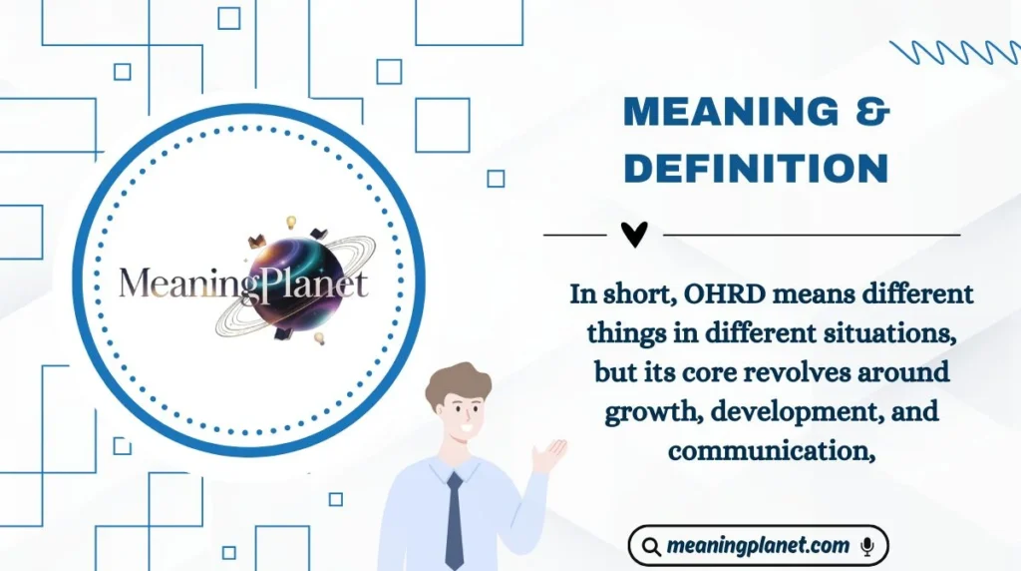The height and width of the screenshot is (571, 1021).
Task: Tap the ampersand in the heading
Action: click(x=872, y=113)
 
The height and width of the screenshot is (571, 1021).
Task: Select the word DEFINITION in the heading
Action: click(x=756, y=169)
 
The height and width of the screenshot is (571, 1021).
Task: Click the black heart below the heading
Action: click(x=634, y=235)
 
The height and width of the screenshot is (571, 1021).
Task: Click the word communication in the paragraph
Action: click(x=769, y=451)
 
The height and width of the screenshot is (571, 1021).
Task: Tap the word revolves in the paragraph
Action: click(x=798, y=373)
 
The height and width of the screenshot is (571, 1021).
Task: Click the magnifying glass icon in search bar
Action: click(x=651, y=546)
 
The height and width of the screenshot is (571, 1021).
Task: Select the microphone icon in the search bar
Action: click(x=867, y=546)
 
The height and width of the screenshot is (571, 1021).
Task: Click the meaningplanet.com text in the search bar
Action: click(x=758, y=546)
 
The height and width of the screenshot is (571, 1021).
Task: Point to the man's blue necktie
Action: click(x=455, y=519)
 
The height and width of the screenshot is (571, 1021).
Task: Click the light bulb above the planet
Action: click(x=292, y=222)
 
